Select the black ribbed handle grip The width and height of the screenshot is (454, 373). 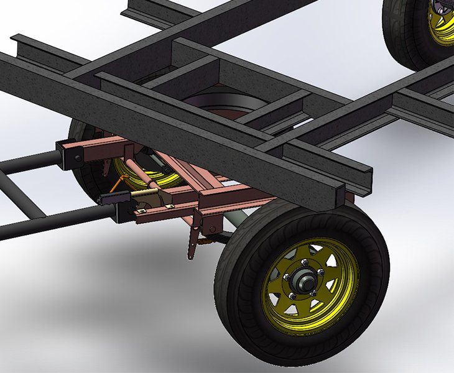click(112, 199)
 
